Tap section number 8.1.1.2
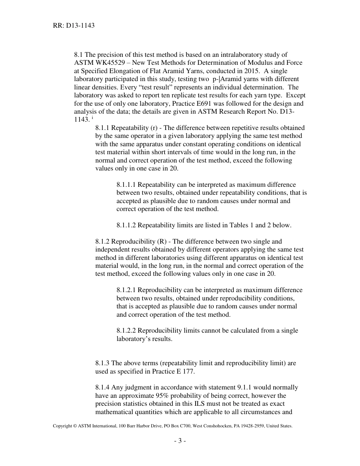coord(126,225)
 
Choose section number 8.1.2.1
coord(126,290)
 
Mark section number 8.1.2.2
coord(126,331)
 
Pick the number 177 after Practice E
coord(189,371)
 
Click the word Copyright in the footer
coord(63,426)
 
